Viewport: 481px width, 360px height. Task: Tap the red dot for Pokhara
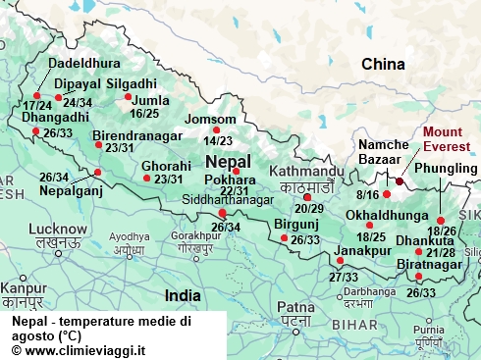pos(236,172)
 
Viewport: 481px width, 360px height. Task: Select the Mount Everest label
pos(446,139)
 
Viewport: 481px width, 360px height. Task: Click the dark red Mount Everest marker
pos(400,181)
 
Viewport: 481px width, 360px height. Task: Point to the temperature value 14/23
pos(218,141)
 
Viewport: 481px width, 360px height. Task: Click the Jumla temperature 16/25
pos(143,114)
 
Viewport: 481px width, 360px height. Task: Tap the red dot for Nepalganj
pos(97,173)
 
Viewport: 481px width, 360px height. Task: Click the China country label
pos(383,65)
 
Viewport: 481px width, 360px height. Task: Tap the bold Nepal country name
pos(229,161)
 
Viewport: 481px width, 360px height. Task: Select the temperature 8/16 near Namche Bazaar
pos(367,195)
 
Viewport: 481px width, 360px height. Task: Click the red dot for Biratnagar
pos(420,278)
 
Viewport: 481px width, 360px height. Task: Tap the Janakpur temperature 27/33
pos(344,278)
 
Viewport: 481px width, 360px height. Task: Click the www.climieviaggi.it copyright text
pos(78,349)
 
